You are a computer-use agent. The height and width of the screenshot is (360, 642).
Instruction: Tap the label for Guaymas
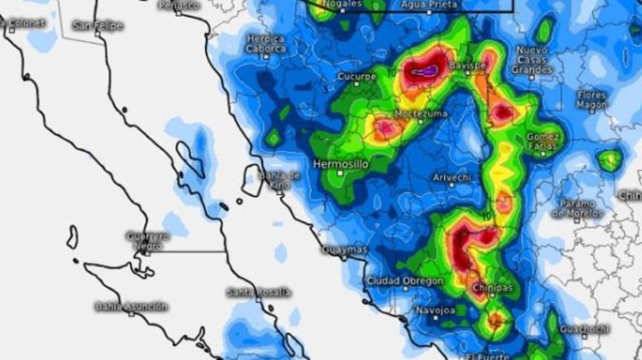[344, 250]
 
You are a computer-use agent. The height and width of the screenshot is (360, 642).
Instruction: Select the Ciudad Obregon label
[405, 282]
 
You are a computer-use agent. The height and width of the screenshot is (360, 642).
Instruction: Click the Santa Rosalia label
[258, 291]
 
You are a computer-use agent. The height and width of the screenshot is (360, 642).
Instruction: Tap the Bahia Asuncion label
[131, 307]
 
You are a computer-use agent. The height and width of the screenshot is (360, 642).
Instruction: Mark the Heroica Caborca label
[266, 44]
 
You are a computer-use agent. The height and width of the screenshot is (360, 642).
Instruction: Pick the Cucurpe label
[357, 77]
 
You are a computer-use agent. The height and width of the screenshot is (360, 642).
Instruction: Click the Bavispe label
[465, 67]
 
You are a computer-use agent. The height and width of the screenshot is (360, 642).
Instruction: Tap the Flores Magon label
[591, 99]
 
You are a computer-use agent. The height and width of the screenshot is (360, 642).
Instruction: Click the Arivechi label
[451, 178]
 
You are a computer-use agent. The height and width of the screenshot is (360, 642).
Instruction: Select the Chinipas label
[492, 288]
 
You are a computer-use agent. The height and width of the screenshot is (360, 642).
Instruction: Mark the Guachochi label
[586, 329]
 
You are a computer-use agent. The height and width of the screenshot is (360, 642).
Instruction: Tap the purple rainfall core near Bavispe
[426, 70]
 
